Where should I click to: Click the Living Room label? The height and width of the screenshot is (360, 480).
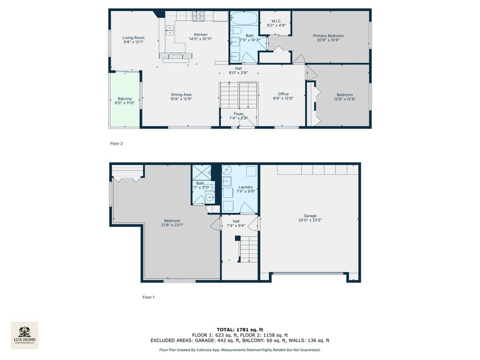point(134,37)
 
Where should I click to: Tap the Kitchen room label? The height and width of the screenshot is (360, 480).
point(201,35)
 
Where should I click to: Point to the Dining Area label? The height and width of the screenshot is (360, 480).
point(181,95)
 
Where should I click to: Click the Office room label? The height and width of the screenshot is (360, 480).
point(283,94)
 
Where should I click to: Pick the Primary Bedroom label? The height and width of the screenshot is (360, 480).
point(328,36)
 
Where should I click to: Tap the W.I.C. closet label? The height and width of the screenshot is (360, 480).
point(276,21)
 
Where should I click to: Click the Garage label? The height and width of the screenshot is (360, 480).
point(310,216)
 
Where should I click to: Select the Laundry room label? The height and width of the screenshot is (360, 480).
point(246,187)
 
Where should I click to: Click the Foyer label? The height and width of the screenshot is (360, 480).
point(239,114)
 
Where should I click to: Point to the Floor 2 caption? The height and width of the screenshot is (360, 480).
point(116,143)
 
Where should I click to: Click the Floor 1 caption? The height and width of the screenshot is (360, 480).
point(149,297)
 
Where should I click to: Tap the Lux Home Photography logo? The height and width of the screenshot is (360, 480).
point(24,335)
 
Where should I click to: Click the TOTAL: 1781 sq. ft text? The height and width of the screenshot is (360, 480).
point(240,330)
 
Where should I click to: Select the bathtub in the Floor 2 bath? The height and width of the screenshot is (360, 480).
point(244,18)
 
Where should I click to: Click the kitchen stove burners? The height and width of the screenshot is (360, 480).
point(198,16)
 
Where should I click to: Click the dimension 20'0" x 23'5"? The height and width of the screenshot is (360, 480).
point(310,220)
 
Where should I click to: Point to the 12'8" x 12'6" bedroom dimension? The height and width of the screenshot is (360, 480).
point(345,99)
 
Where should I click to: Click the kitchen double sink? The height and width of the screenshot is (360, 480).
point(170,30)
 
